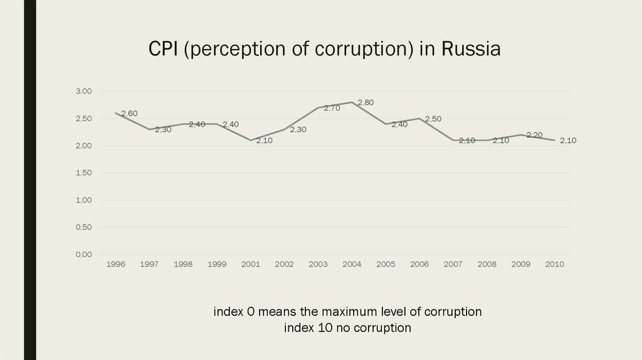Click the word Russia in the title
(471, 49)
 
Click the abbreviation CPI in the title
(164, 49)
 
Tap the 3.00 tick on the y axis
(83, 92)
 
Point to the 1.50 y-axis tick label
(83, 173)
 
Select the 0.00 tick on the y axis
(83, 255)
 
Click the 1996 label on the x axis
(116, 265)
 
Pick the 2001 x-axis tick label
(251, 265)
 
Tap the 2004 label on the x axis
(352, 265)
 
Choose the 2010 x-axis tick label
(555, 265)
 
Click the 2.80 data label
(366, 103)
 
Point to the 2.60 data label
(129, 114)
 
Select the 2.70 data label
(332, 108)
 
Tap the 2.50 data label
(433, 119)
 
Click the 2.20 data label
(534, 135)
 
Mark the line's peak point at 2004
(352, 102)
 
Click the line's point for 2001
(251, 140)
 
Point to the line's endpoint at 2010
(555, 140)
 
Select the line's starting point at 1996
(116, 113)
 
